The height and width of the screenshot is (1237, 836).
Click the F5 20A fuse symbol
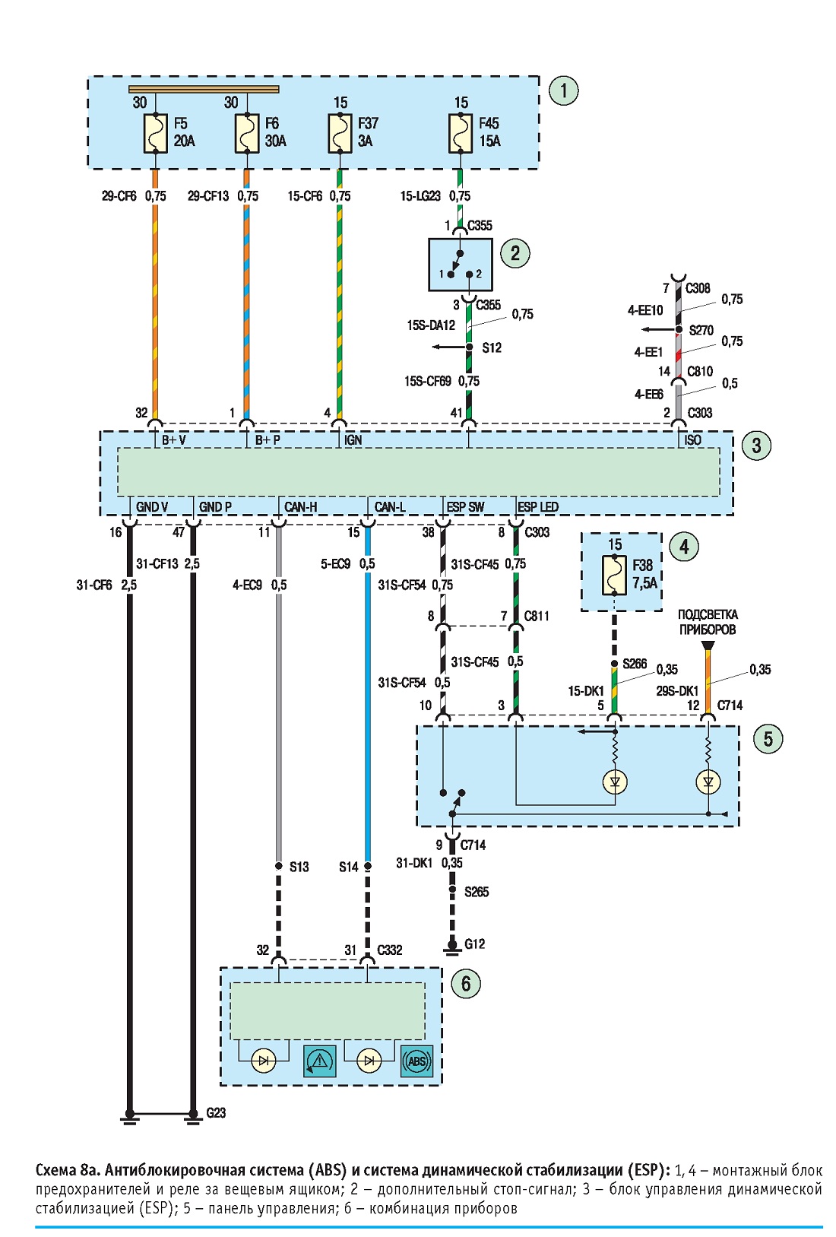(155, 133)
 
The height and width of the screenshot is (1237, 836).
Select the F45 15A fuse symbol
(460, 133)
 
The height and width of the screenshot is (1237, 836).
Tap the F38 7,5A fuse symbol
(615, 575)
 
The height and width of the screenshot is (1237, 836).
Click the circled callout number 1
(563, 90)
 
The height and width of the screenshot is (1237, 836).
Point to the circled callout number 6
(465, 983)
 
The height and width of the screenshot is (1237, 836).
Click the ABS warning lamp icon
(416, 1061)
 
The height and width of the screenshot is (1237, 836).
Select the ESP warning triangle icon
(320, 1061)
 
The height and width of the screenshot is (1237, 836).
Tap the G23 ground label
(216, 1113)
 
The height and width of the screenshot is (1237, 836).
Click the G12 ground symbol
(452, 947)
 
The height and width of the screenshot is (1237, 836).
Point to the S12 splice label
(492, 348)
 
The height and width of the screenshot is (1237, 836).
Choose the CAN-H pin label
(300, 507)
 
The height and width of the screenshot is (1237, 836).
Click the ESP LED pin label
(538, 507)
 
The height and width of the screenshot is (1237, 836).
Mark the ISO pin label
(692, 440)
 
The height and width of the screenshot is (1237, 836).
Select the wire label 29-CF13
(208, 196)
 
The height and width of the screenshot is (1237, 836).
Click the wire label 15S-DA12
(431, 326)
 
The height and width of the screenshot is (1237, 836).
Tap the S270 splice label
(701, 330)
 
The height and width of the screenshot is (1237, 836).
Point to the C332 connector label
(389, 950)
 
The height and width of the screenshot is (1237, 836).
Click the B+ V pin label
(173, 440)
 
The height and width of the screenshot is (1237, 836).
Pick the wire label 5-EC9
(336, 564)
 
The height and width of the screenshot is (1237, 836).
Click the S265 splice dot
(452, 890)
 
